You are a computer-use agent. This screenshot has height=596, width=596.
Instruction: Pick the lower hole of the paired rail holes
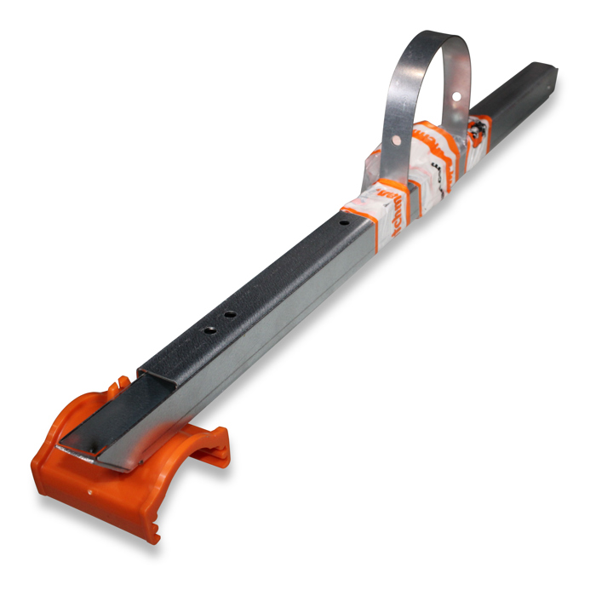click(x=207, y=329)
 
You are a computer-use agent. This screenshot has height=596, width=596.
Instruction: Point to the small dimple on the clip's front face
click(x=91, y=490)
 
